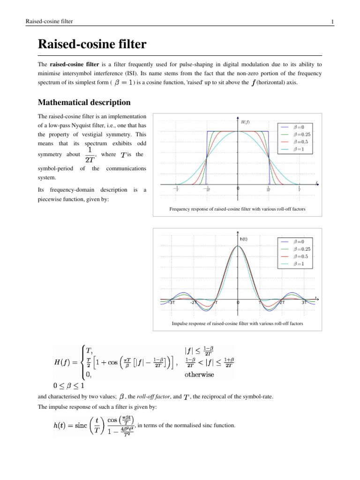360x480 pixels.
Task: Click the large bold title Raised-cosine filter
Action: (92, 45)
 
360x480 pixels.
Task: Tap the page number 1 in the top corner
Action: (332, 22)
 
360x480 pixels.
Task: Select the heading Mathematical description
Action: (84, 102)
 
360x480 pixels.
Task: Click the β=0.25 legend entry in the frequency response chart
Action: (300, 134)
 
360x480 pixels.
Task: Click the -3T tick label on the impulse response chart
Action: (171, 302)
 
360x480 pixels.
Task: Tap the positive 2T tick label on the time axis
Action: (282, 302)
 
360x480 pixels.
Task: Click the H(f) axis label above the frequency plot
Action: (245, 122)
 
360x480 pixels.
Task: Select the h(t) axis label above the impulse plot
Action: (244, 239)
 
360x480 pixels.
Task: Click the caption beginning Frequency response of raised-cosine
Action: (238, 209)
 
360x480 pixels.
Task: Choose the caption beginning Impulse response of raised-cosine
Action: (238, 324)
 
